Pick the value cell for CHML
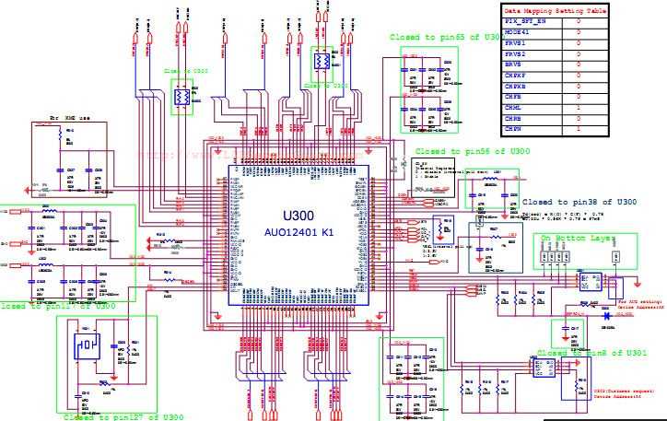[x=578, y=108]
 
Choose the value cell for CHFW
[x=578, y=129]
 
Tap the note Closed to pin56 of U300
[x=472, y=150]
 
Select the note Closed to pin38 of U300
[x=579, y=201]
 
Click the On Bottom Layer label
[x=587, y=239]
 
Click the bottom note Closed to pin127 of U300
[x=123, y=416]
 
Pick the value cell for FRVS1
[x=578, y=42]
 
